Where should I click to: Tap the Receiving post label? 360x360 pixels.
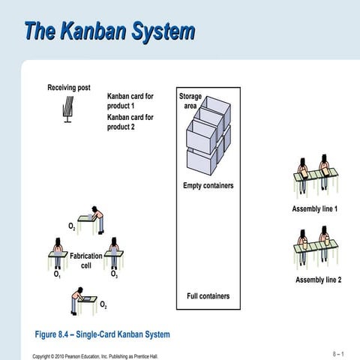69,88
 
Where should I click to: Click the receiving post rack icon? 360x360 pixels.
67,109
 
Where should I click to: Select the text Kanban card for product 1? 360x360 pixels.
130,101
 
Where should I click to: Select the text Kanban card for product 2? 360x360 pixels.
130,122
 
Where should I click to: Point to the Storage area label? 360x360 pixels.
190,101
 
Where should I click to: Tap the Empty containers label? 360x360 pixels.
208,186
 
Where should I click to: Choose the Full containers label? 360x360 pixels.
208,296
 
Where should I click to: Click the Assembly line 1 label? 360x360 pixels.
315,208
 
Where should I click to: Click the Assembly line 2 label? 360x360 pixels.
317,280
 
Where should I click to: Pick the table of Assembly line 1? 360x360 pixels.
315,176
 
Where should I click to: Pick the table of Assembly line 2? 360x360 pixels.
315,247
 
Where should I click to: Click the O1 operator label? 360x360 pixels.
57,275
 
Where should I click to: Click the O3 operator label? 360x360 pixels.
113,274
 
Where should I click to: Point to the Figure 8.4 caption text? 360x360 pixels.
103,334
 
